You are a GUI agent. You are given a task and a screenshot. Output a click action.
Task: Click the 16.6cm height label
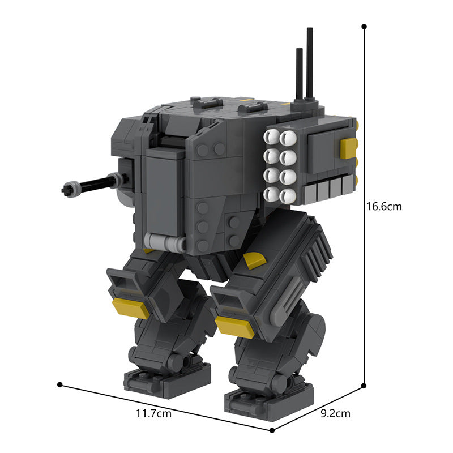point(383,207)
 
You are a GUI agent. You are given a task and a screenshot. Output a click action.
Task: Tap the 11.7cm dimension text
point(153,414)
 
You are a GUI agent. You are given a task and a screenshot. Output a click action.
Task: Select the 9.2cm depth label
point(335,414)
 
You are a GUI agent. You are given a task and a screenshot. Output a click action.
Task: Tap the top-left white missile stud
point(271,136)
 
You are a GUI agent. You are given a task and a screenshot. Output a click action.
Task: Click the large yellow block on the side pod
point(348,148)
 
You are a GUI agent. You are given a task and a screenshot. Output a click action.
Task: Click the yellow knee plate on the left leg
point(130,308)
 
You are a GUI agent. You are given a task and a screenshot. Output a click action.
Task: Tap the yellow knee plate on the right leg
point(234,326)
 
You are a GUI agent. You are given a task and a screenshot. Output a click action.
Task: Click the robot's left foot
point(167,379)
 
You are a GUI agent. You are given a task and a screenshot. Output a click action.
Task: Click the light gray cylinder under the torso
point(164,243)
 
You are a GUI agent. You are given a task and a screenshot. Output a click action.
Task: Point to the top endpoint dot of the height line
point(364,27)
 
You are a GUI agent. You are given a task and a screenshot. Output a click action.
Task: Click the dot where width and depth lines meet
point(272,430)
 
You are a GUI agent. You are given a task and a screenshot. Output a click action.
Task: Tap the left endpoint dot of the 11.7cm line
point(59,384)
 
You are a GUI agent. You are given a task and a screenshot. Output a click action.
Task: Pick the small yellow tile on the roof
point(246,100)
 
